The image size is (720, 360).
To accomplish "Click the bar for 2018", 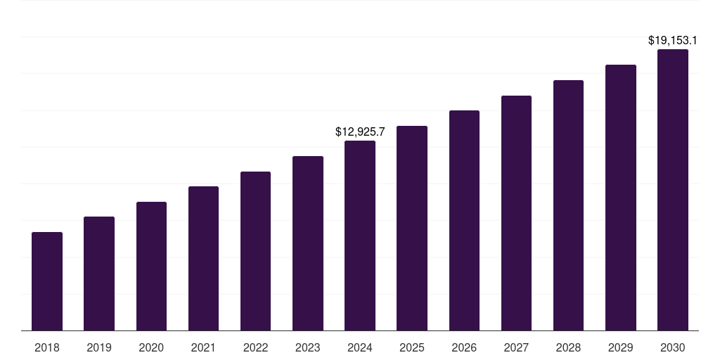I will [x=47, y=281].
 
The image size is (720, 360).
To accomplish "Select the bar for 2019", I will [x=99, y=274].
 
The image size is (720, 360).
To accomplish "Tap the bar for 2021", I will [x=203, y=258].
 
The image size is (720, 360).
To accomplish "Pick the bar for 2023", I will [x=308, y=243].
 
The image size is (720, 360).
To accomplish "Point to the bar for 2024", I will [x=360, y=236].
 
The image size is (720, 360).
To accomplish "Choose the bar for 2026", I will [x=464, y=220].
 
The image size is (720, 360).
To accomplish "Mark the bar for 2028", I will [x=568, y=205].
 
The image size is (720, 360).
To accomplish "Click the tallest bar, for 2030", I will [x=673, y=190].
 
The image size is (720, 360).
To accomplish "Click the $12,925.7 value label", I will [x=360, y=131].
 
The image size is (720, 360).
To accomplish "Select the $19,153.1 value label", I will [x=673, y=41].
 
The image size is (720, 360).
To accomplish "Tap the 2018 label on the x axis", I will [x=47, y=347].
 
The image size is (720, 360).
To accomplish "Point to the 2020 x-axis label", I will [x=151, y=347].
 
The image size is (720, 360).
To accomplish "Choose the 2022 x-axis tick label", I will [x=255, y=347].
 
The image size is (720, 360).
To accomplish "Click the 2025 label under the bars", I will [x=412, y=347].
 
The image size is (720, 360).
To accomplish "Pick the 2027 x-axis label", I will [x=516, y=347].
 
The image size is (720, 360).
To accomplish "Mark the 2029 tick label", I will [x=621, y=347].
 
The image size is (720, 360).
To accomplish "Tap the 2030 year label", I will [x=673, y=347].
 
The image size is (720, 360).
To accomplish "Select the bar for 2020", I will [x=151, y=266].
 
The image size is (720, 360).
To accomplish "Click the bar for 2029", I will [x=621, y=198].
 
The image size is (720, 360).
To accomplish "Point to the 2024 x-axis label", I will [x=360, y=347].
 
